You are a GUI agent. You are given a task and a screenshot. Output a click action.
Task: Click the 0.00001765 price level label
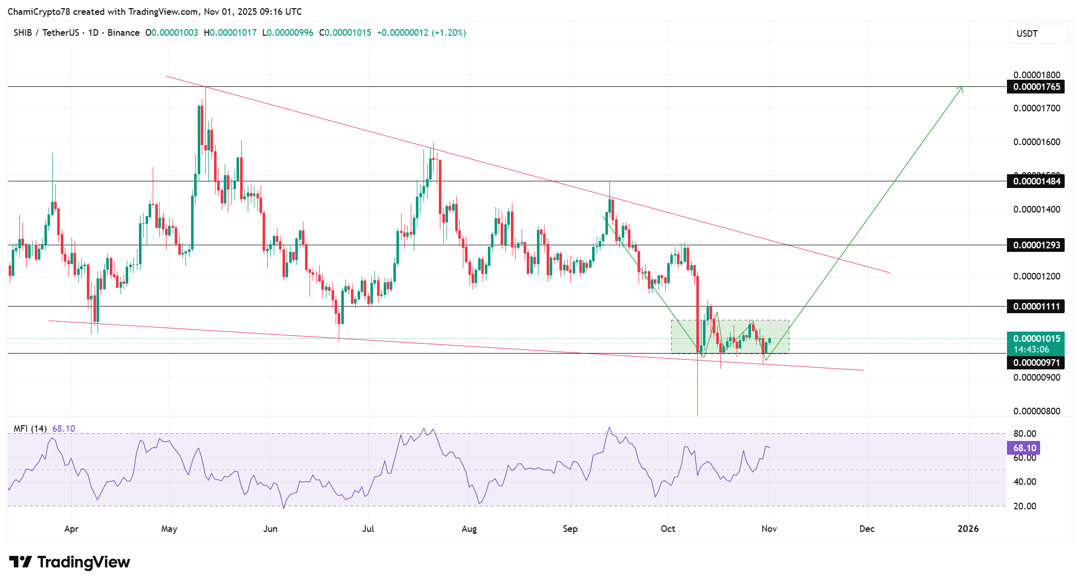click(x=1036, y=87)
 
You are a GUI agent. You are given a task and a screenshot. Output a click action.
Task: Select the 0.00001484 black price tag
click(x=1036, y=181)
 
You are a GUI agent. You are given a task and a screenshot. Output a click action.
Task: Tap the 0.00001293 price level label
click(x=1036, y=245)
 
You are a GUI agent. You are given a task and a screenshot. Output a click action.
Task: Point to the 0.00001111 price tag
click(x=1036, y=307)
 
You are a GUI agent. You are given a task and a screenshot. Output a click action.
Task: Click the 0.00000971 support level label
click(x=1036, y=363)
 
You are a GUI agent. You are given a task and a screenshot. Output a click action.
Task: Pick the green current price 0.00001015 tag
click(x=1036, y=339)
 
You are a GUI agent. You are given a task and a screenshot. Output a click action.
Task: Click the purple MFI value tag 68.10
click(x=1024, y=448)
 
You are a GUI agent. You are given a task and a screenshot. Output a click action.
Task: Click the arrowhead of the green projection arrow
click(x=961, y=89)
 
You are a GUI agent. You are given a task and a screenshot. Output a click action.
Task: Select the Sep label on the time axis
click(x=570, y=529)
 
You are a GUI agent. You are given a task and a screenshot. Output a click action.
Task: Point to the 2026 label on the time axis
click(x=968, y=529)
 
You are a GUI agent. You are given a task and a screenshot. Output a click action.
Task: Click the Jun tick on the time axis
click(x=270, y=529)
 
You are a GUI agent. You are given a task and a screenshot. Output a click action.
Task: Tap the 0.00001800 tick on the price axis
click(x=1037, y=75)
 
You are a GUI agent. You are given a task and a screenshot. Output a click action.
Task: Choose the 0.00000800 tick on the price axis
click(x=1037, y=411)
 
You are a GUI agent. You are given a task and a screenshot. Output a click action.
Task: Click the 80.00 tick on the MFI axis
click(x=1025, y=434)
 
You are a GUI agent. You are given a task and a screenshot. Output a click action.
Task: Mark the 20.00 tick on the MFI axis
click(x=1025, y=506)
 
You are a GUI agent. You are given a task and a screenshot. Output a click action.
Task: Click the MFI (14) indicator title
click(x=30, y=429)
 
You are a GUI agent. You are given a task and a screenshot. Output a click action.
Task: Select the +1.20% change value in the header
click(x=449, y=33)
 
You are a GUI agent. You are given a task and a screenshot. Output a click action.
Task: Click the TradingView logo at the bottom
click(x=69, y=562)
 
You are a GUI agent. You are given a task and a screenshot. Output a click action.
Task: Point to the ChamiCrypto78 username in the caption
click(x=39, y=12)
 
